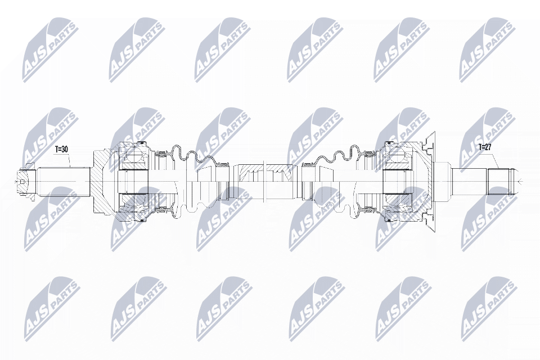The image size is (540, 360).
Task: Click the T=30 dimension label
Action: [x=61, y=150]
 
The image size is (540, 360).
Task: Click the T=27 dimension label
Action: [x=485, y=147]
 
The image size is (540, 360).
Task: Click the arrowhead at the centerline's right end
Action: [x=520, y=181]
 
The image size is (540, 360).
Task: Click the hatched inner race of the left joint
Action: [x=133, y=181]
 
